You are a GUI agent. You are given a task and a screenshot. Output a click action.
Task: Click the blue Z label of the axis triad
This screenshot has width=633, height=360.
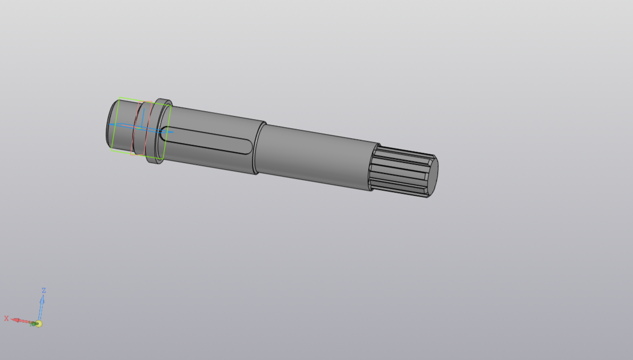[44, 290]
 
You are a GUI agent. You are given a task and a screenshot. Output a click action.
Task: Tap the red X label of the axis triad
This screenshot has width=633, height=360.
[6, 319]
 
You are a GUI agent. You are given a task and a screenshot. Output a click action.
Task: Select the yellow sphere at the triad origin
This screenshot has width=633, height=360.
[39, 324]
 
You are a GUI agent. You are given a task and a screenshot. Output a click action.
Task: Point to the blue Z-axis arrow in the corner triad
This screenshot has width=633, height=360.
[41, 308]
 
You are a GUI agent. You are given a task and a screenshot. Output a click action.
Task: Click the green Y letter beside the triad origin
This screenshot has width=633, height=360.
[32, 324]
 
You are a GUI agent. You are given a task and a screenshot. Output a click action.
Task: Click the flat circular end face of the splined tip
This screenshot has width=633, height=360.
[432, 177]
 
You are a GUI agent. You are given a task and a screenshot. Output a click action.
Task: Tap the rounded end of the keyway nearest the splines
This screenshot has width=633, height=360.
[248, 147]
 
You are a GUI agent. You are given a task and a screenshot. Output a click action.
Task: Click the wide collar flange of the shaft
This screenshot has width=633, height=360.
[159, 131]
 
